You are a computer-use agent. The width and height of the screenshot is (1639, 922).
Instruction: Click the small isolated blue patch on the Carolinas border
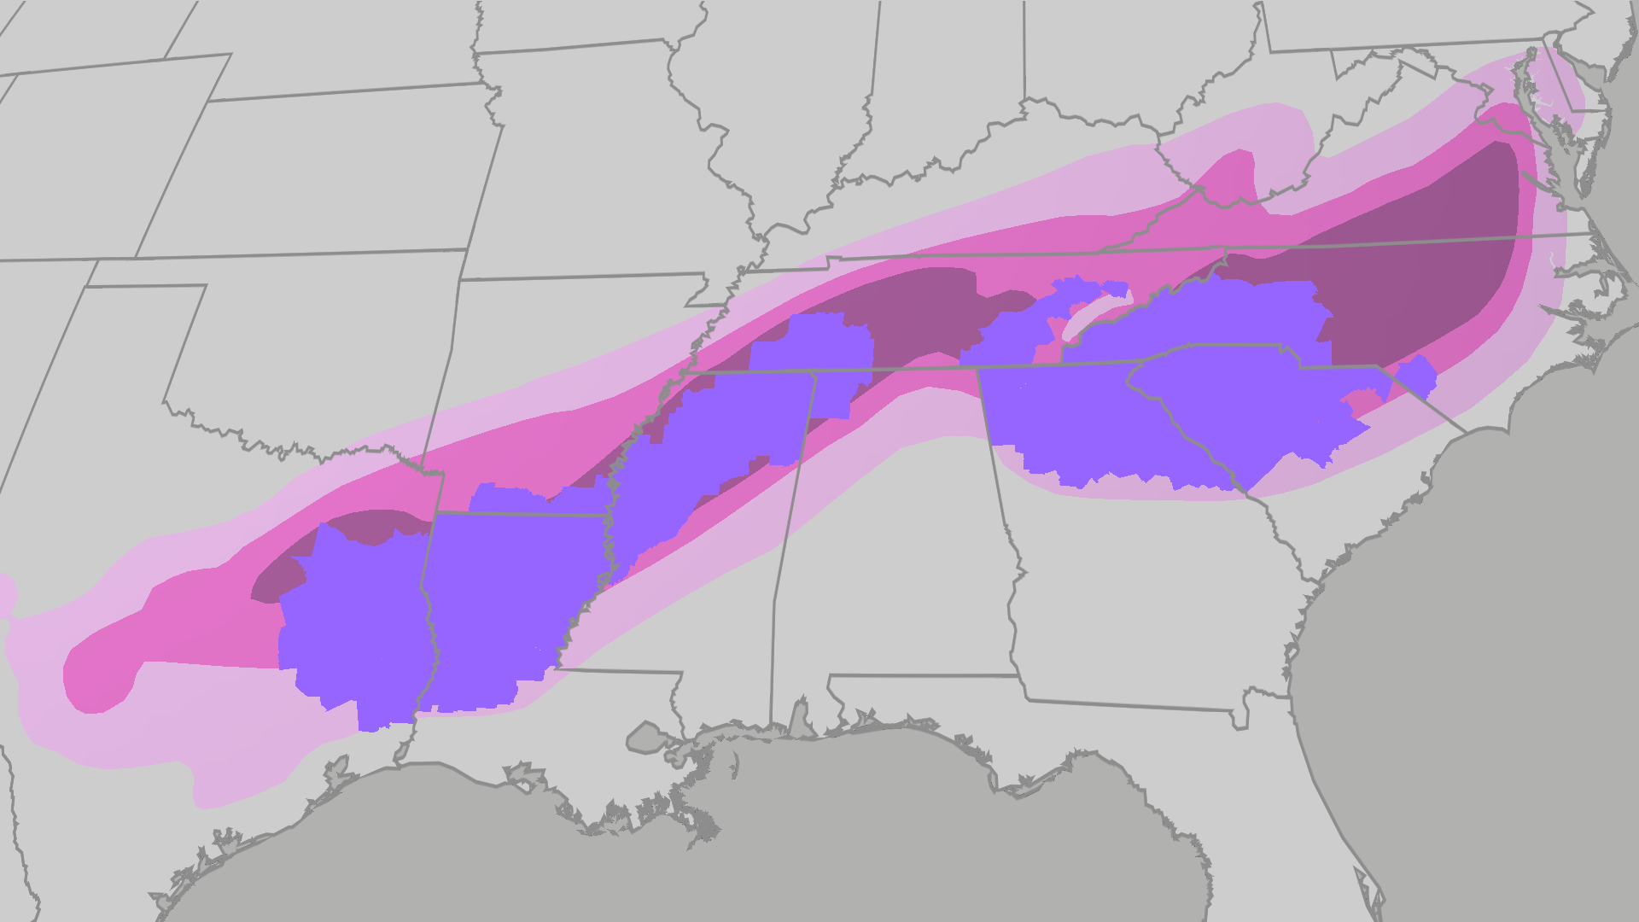[1418, 376]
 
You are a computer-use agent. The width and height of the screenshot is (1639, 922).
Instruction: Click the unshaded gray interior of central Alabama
[896, 555]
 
